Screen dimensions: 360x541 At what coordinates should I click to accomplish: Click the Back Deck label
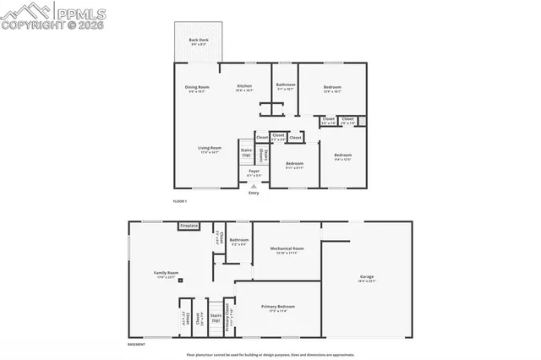[x=198, y=40]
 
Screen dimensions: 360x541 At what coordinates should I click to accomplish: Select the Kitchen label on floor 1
[x=244, y=86]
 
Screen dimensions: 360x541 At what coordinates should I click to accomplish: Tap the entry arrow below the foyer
[x=254, y=186]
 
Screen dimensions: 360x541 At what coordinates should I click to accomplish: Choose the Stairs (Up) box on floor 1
[x=246, y=152]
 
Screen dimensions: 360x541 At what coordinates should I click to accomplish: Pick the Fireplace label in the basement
[x=189, y=226]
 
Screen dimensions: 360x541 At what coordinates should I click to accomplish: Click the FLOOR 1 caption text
[x=179, y=201]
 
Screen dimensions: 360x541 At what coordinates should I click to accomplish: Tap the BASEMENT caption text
[x=136, y=345]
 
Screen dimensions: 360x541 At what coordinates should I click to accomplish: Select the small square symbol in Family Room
[x=180, y=281]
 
